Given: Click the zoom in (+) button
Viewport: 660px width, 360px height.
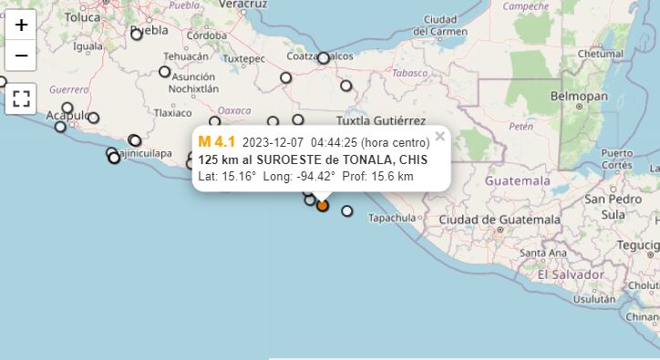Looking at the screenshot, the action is [21, 25].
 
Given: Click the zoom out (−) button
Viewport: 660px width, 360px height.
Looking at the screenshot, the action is [21, 55].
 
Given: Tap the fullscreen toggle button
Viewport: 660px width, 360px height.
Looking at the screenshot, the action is [21, 98].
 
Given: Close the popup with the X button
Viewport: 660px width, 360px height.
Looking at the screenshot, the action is [439, 137].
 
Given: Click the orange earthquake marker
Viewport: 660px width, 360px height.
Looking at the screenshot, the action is [322, 205].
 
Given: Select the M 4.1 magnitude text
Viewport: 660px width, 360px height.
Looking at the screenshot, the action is [216, 141].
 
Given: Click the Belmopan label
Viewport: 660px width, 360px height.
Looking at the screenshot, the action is [579, 96].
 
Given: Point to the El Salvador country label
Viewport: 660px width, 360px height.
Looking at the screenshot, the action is [571, 274].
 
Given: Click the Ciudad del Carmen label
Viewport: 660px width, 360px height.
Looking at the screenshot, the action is [440, 26].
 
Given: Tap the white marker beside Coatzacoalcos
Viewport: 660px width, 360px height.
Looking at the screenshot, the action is [324, 57].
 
